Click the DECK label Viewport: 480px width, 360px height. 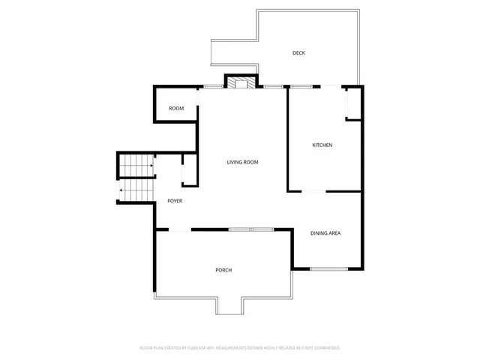coord(298,53)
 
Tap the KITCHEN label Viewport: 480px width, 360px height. coord(322,145)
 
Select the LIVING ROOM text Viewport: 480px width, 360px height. coord(243,162)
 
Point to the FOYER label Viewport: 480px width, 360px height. coord(175,201)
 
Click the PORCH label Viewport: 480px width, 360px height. coord(223,270)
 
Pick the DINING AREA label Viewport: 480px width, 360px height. coord(325,233)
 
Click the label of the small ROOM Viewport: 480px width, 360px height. coord(176,109)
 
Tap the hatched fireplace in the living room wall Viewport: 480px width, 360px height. coord(241,82)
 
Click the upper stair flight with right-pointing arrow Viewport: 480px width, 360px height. coord(136,165)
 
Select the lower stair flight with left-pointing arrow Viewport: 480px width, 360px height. coord(135,191)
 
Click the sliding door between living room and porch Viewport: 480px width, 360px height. coord(251,229)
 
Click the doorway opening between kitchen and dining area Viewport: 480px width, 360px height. coord(313,192)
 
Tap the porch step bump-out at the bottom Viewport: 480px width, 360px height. coord(229,306)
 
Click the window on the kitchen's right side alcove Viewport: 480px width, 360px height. coord(346,104)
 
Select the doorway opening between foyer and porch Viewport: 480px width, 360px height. coord(180,229)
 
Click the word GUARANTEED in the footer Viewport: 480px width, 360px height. coord(327,348)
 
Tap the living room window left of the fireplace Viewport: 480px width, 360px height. coord(214,87)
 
